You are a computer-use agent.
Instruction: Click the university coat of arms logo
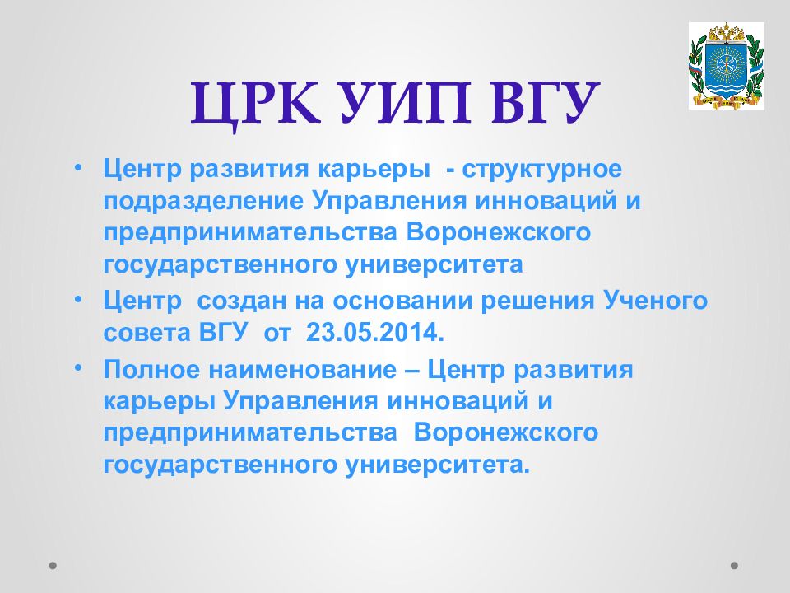click(x=726, y=66)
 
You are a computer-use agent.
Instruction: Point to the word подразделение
click(x=203, y=202)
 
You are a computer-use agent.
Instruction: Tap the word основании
click(x=402, y=302)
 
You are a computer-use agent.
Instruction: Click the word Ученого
click(x=656, y=301)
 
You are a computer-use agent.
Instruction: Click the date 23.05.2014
click(x=375, y=332)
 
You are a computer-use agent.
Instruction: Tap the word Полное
click(x=151, y=370)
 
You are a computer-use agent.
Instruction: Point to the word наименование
click(x=302, y=371)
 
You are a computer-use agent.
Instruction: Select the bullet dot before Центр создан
click(x=77, y=298)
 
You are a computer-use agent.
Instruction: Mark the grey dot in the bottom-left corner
click(x=53, y=565)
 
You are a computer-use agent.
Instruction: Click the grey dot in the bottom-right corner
click(x=735, y=565)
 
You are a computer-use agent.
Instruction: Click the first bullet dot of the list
click(x=77, y=166)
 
